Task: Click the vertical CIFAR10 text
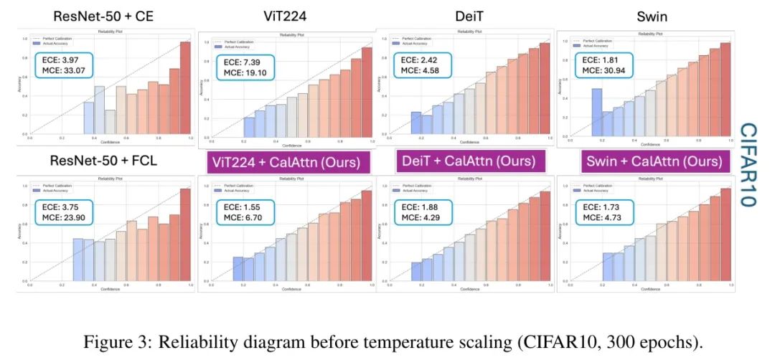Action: [748, 164]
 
